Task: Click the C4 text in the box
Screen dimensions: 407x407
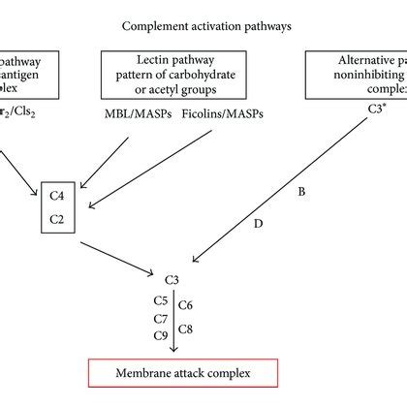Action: pyautogui.click(x=57, y=196)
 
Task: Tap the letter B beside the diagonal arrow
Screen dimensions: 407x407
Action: pyautogui.click(x=301, y=193)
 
